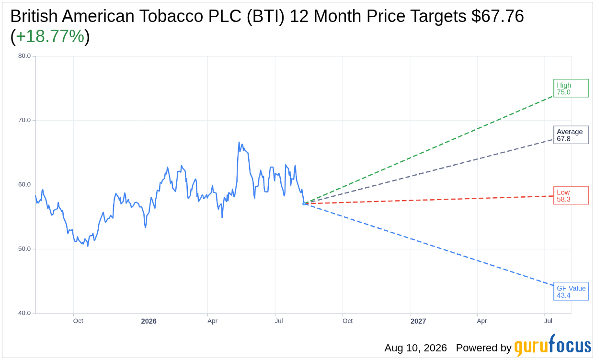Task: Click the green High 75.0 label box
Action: (571, 88)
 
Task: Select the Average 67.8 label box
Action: (571, 135)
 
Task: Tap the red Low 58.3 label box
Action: (571, 195)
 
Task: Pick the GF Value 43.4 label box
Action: (571, 292)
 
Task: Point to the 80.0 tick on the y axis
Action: (24, 56)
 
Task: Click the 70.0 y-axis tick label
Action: (24, 120)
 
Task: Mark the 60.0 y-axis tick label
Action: (24, 184)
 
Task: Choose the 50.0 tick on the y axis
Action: (24, 249)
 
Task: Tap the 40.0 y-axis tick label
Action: (24, 313)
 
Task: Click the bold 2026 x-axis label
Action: (149, 321)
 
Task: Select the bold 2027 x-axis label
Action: (418, 321)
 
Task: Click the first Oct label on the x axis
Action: (78, 321)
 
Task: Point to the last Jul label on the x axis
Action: (548, 321)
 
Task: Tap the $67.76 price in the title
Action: (498, 16)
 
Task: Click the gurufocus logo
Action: (553, 345)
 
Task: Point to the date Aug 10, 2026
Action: (416, 348)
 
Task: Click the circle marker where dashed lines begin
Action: (304, 203)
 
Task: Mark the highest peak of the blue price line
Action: (239, 142)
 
